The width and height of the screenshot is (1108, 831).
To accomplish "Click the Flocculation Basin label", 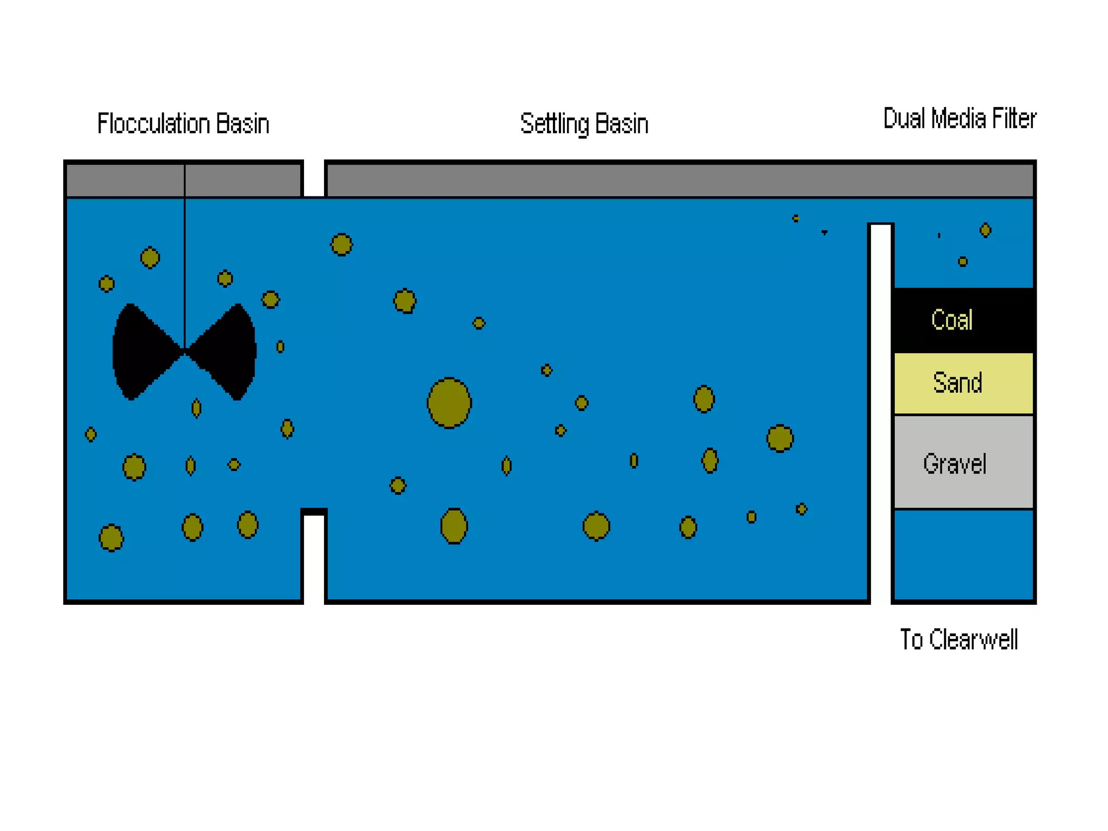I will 183,124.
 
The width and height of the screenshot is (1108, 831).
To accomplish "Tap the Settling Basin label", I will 584,124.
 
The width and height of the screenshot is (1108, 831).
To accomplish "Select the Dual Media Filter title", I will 959,118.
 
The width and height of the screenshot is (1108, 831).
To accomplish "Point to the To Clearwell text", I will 959,639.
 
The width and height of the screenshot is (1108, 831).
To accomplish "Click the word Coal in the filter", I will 952,320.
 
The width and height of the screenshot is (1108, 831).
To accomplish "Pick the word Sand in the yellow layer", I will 957,383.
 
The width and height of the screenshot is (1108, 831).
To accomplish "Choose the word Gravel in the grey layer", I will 955,464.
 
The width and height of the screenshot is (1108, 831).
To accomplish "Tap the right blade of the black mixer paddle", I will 227,352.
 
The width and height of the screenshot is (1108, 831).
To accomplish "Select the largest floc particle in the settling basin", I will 449,403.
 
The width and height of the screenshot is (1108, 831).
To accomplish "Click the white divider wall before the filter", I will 881,411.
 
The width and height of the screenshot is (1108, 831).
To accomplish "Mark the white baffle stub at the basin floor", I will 314,557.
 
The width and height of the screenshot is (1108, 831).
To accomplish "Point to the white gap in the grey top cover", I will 314,179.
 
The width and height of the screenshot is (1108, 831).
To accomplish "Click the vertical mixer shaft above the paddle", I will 184,260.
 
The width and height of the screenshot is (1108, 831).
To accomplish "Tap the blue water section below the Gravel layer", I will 964,555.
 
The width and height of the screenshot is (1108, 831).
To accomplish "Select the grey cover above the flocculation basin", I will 124,180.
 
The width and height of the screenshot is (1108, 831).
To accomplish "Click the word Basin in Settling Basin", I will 622,124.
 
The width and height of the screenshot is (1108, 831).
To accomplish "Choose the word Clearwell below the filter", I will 973,639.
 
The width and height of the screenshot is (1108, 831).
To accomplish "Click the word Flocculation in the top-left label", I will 153,124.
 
